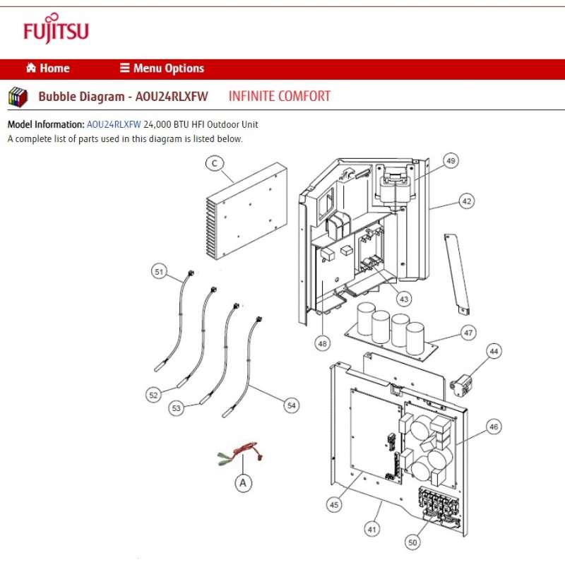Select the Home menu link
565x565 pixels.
click(48, 69)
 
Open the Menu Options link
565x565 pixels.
click(162, 69)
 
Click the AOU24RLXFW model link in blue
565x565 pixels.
click(114, 124)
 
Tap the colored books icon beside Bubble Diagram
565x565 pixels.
click(18, 97)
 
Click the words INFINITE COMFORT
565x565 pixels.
click(279, 96)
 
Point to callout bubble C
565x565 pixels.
click(214, 163)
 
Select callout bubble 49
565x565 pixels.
click(451, 160)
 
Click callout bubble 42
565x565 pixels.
click(465, 201)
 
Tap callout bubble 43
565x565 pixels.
click(403, 299)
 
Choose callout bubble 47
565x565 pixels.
click(468, 333)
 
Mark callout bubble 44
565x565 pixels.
click(494, 351)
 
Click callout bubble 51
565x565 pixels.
click(159, 272)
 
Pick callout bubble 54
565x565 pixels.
click(291, 405)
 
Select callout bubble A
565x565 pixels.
click(243, 482)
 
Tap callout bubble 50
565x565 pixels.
click(413, 542)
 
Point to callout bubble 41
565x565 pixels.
click(371, 527)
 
